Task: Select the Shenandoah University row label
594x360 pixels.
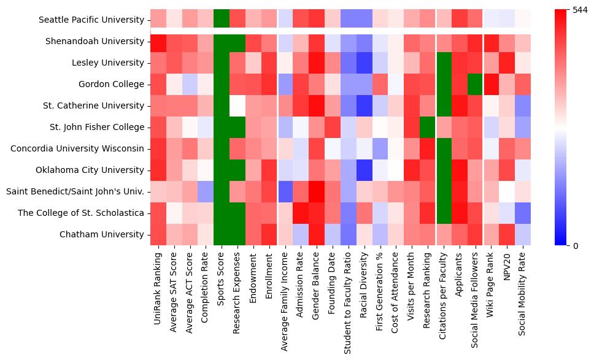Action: click(x=94, y=41)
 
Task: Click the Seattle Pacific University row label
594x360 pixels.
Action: click(x=91, y=20)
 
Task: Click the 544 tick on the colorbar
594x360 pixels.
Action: click(x=580, y=10)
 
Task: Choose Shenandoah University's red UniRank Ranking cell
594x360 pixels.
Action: click(x=158, y=41)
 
